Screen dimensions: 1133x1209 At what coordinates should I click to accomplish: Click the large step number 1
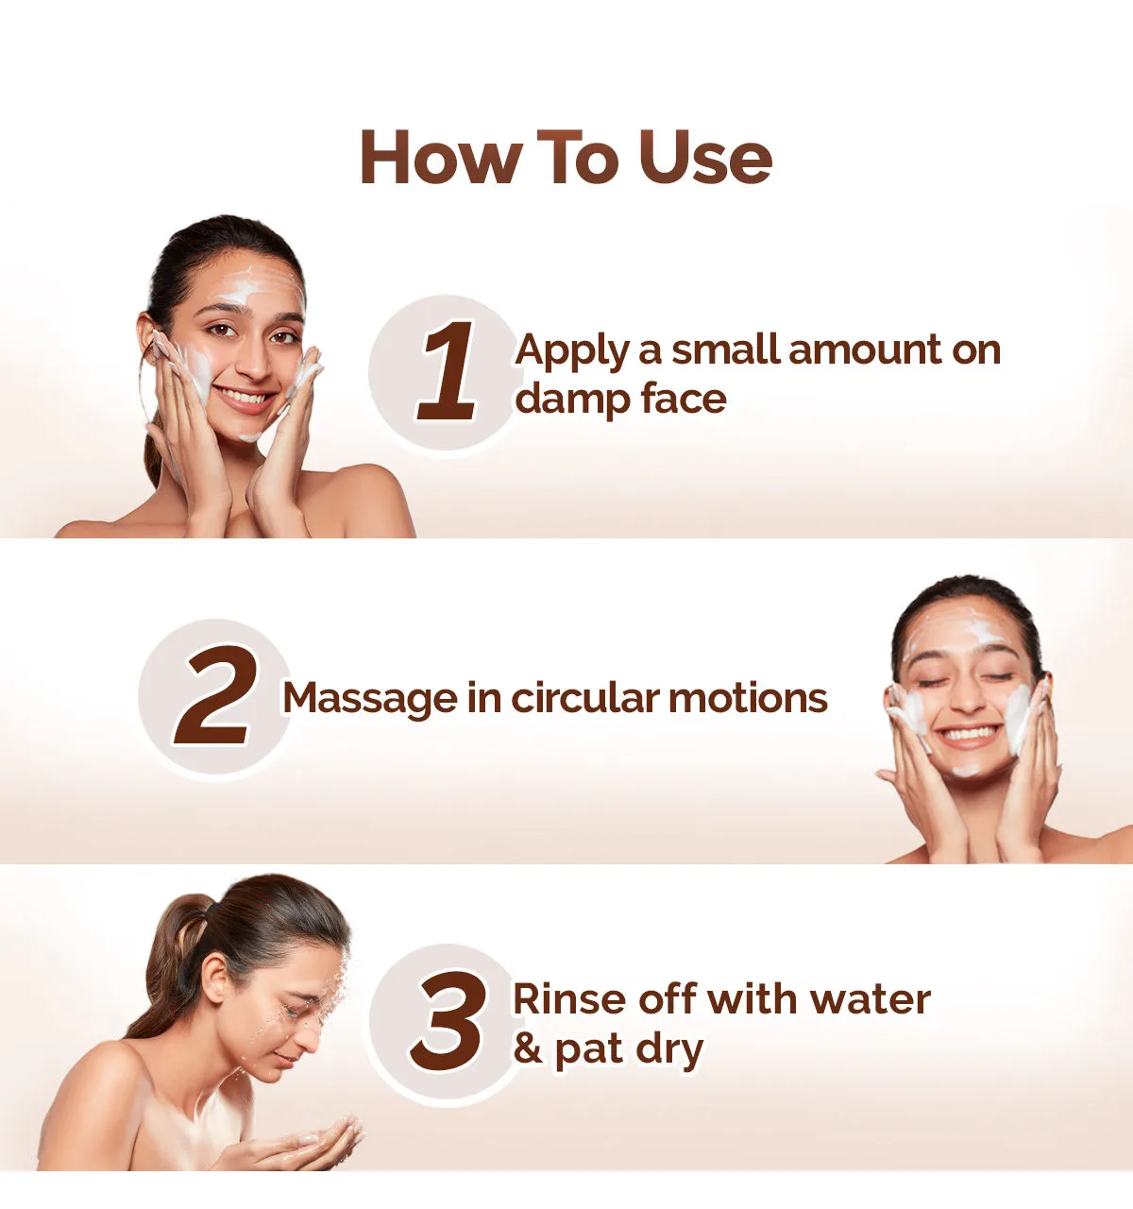(448, 370)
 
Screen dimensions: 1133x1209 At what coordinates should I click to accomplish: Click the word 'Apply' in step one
(571, 353)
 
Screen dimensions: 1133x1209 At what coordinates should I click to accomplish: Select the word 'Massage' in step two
(370, 700)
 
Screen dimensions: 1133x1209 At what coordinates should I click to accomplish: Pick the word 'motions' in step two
(748, 698)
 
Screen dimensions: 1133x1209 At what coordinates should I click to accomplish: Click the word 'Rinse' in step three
(569, 1000)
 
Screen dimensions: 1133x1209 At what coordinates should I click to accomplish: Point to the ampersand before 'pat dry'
(528, 1048)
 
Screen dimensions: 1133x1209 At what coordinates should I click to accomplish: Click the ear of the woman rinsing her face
(215, 978)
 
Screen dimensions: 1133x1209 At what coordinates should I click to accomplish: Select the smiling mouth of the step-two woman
(969, 736)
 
